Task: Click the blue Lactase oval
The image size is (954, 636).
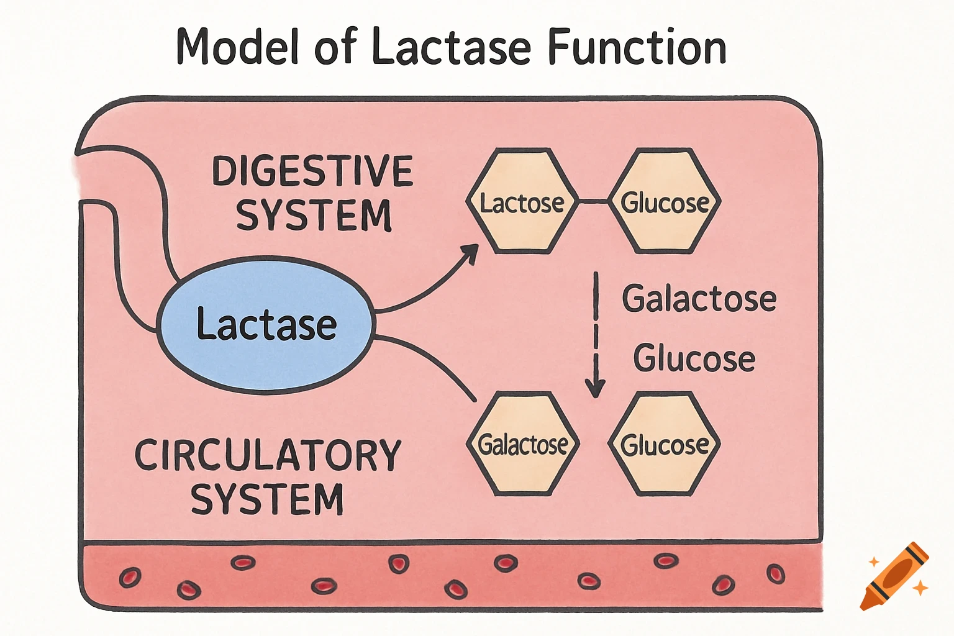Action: pyautogui.click(x=266, y=325)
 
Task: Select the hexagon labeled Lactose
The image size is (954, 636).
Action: pyautogui.click(x=522, y=201)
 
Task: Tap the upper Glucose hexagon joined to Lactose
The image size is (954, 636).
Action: pyautogui.click(x=664, y=201)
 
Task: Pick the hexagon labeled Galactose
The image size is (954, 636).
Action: pyautogui.click(x=522, y=444)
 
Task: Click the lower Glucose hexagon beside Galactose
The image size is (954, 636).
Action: pyautogui.click(x=664, y=444)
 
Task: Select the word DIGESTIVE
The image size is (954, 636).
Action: pyautogui.click(x=312, y=171)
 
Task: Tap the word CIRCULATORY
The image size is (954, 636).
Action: pyautogui.click(x=268, y=455)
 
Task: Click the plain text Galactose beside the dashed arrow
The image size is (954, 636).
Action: pyautogui.click(x=699, y=299)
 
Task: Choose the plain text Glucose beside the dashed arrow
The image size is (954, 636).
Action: pyautogui.click(x=694, y=358)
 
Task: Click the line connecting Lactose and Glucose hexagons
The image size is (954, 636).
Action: pyautogui.click(x=593, y=201)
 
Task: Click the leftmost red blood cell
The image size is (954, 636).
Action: pyautogui.click(x=130, y=578)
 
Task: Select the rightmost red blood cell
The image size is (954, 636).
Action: pyautogui.click(x=775, y=573)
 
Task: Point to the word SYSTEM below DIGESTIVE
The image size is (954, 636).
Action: pyautogui.click(x=314, y=216)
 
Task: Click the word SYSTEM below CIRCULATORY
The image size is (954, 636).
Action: pyautogui.click(x=267, y=499)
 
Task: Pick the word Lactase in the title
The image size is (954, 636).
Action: pyautogui.click(x=452, y=47)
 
